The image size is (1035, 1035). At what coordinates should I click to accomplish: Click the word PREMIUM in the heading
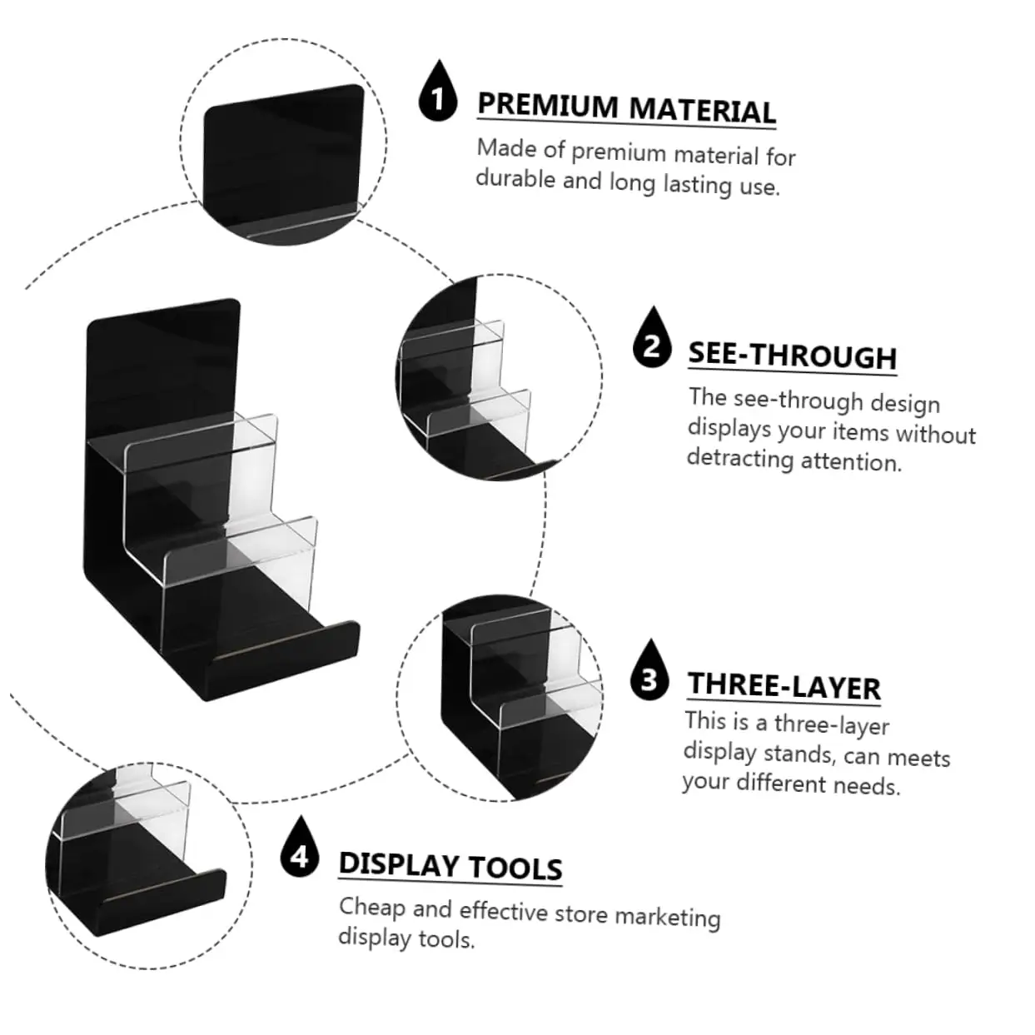point(547,106)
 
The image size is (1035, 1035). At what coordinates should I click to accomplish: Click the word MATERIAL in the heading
point(701,110)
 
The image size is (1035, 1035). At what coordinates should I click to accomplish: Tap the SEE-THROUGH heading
point(792,356)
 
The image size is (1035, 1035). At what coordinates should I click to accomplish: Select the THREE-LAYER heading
point(784,685)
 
